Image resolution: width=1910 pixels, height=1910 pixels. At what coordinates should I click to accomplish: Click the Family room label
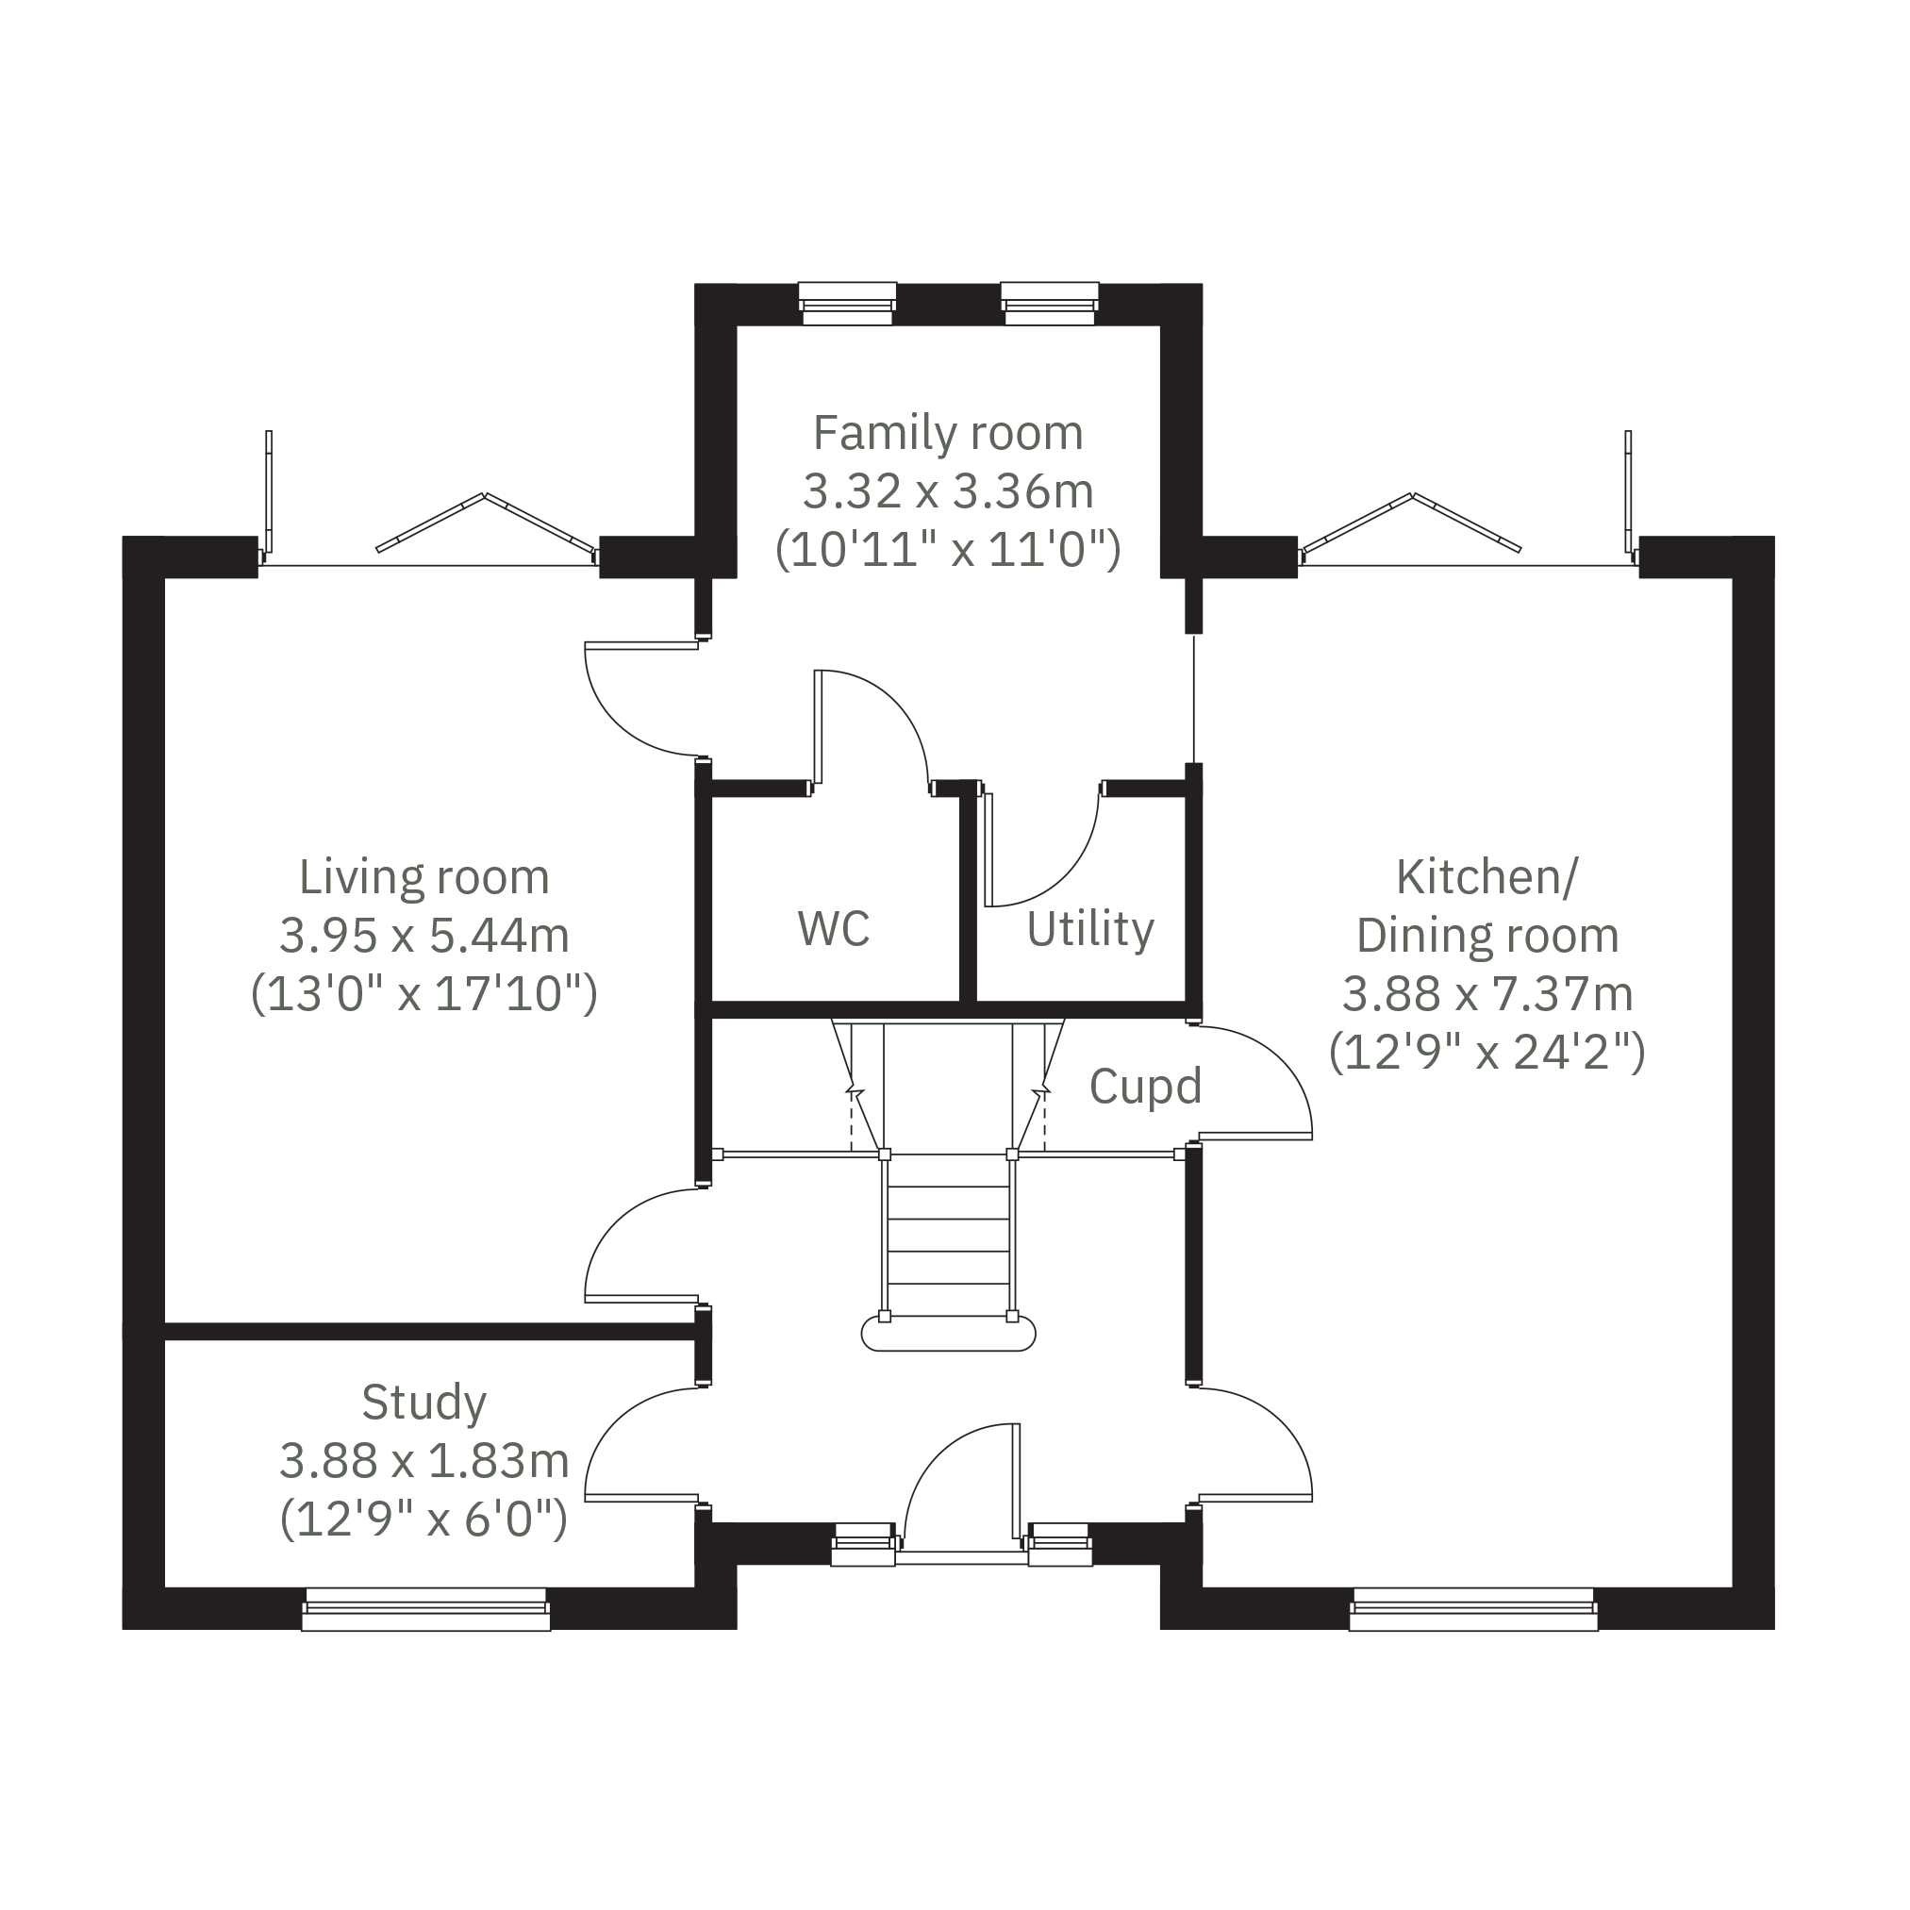click(x=948, y=433)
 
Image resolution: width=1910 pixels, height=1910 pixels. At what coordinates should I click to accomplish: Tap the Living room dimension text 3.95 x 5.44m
click(x=424, y=936)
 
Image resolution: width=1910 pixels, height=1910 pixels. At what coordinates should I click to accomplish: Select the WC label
click(x=834, y=928)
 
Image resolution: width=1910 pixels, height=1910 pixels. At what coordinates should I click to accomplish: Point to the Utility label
click(x=1090, y=928)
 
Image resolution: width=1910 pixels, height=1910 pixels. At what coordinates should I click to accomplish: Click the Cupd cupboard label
click(x=1145, y=1086)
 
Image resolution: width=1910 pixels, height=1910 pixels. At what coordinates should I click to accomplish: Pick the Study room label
click(x=424, y=1402)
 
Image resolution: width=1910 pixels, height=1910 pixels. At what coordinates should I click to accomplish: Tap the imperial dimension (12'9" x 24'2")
click(x=1486, y=1052)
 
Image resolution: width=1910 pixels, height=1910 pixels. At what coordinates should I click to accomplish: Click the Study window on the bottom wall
click(x=426, y=1609)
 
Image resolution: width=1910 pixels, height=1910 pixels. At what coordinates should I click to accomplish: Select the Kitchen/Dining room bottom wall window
click(x=1474, y=1609)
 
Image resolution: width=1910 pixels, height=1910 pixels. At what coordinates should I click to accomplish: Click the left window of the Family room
click(x=847, y=304)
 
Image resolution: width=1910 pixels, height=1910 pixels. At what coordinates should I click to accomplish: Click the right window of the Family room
click(x=1050, y=304)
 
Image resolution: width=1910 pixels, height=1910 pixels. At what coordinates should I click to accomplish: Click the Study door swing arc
click(x=618, y=1423)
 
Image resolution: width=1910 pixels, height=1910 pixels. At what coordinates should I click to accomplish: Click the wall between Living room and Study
click(x=430, y=1332)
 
